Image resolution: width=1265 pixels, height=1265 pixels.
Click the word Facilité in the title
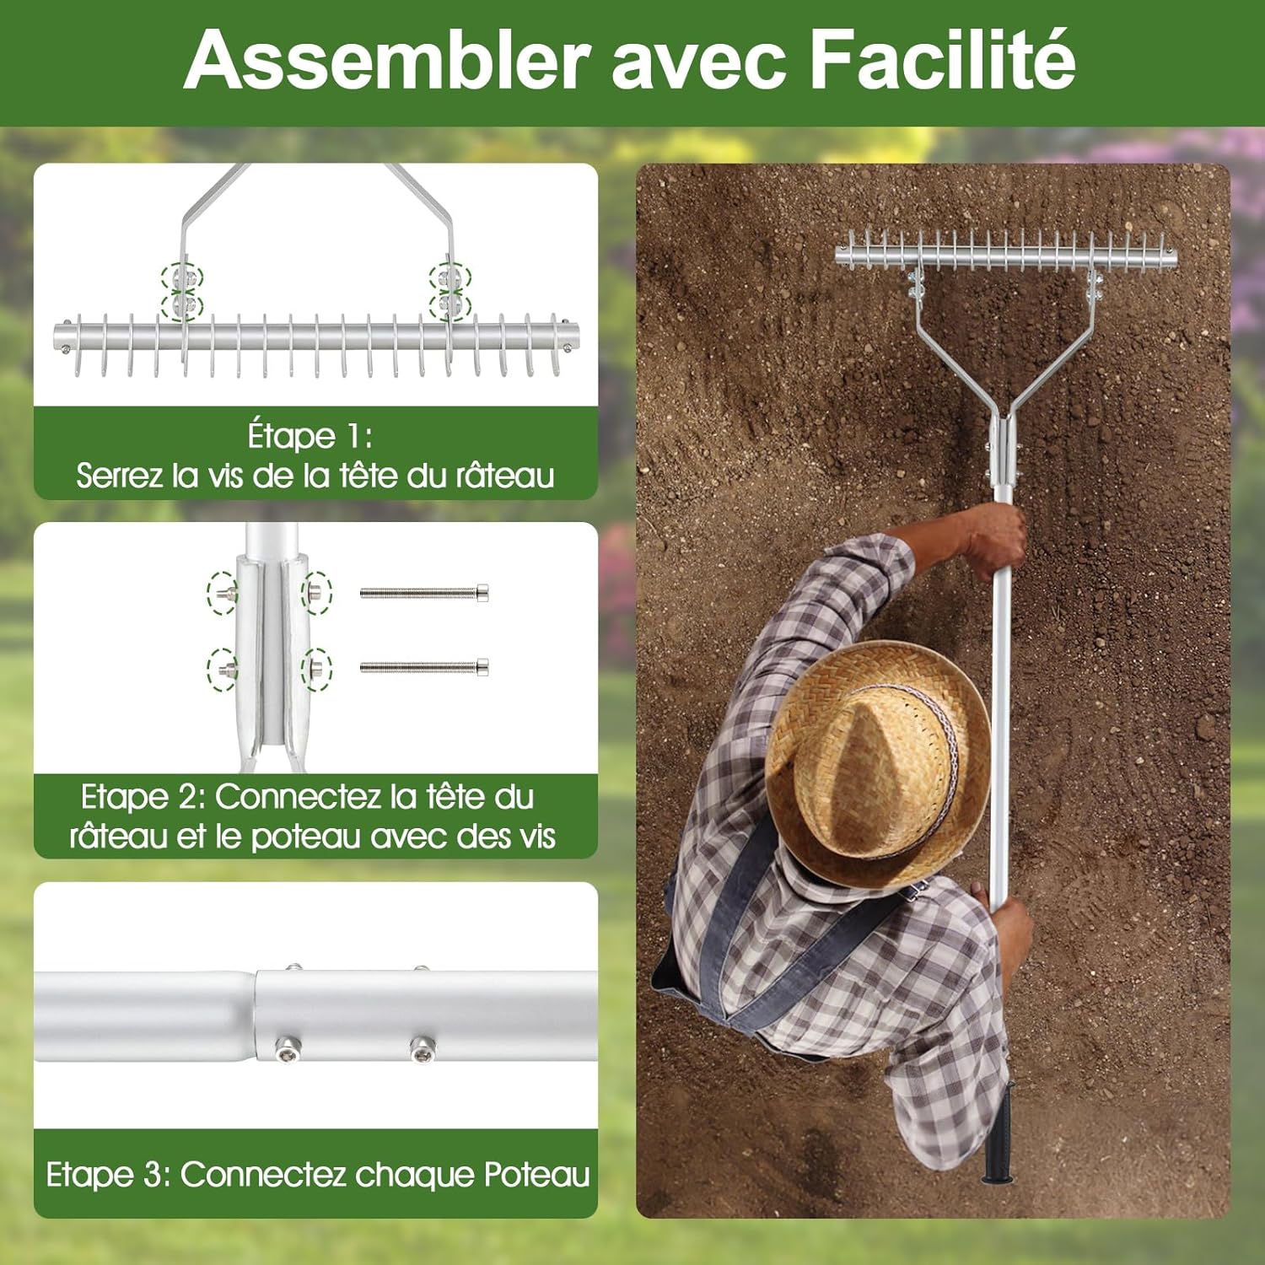[942, 59]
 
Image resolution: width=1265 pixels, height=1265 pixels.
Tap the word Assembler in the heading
[386, 59]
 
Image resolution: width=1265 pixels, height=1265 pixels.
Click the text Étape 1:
[310, 436]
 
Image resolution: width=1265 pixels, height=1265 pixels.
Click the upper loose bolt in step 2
[424, 593]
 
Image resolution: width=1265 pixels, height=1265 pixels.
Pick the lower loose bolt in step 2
[424, 667]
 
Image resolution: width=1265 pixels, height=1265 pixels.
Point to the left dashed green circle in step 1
[183, 291]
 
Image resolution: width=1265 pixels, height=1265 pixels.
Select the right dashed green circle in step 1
[449, 291]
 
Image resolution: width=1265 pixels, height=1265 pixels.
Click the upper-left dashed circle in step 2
[223, 593]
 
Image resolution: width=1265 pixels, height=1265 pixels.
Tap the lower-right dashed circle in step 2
[317, 670]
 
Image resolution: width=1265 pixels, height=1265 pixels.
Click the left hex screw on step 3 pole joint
[287, 1050]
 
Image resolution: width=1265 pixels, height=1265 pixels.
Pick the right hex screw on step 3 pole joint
[422, 1050]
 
